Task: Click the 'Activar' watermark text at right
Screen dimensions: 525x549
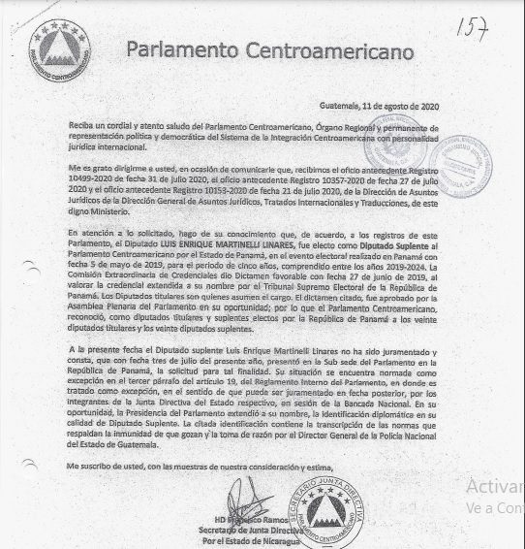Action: point(493,487)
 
